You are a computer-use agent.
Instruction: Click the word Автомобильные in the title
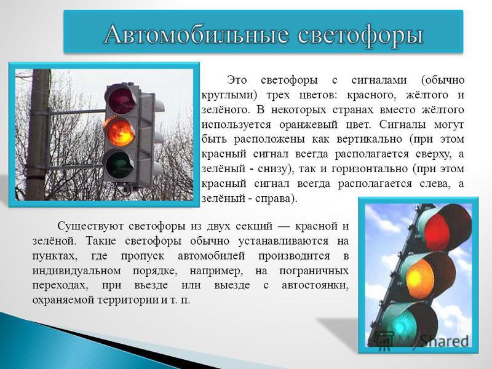tap(196, 34)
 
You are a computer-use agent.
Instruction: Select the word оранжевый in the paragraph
tap(311, 125)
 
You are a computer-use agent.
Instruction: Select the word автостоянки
tap(315, 285)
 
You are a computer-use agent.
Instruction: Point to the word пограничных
tap(314, 271)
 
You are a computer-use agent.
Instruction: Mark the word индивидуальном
tap(76, 271)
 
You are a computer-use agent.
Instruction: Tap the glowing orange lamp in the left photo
tap(119, 133)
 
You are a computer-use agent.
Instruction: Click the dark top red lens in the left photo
tap(121, 101)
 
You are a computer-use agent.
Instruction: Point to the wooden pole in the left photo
tap(38, 135)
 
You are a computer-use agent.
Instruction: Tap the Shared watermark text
tap(445, 341)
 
